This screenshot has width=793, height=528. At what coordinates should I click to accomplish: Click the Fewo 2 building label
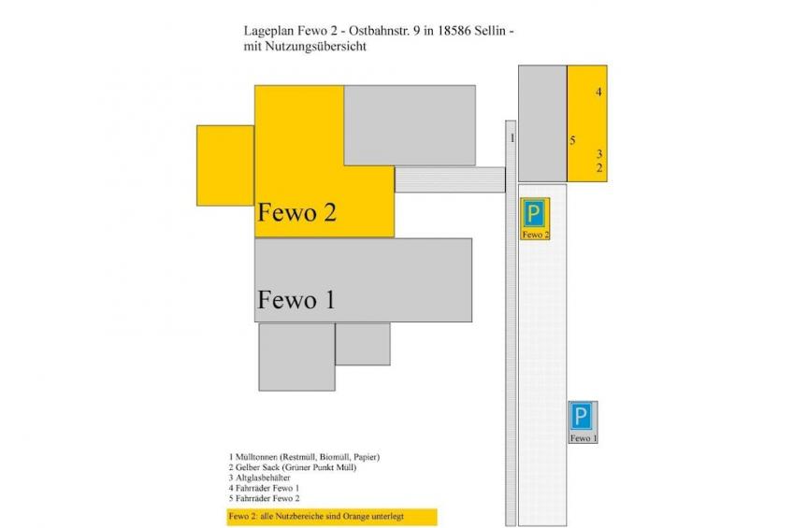click(296, 212)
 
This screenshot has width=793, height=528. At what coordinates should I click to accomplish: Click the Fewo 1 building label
click(296, 300)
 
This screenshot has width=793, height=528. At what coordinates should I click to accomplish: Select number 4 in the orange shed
click(598, 92)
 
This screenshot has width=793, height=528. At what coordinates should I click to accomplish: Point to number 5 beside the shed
click(572, 140)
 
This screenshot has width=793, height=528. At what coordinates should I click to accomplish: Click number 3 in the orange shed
click(599, 153)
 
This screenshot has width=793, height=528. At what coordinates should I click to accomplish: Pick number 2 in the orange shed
click(599, 168)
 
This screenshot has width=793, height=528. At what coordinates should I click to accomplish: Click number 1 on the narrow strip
click(512, 138)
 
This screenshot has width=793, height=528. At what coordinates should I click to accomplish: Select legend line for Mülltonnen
click(304, 457)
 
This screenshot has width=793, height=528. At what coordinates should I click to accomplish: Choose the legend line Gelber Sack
click(293, 467)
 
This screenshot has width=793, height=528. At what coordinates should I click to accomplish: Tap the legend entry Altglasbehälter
click(259, 478)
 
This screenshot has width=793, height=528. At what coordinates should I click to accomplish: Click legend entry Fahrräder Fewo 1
click(264, 488)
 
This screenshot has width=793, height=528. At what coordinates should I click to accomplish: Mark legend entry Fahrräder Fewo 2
click(264, 498)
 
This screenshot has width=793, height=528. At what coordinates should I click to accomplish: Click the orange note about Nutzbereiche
click(332, 517)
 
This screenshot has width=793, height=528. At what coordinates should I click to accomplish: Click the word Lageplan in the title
click(268, 32)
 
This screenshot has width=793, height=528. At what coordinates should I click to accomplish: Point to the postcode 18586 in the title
click(454, 31)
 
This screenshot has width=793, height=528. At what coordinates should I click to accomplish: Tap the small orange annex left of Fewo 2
click(225, 165)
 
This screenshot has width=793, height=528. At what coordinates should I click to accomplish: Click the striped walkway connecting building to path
click(450, 179)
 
